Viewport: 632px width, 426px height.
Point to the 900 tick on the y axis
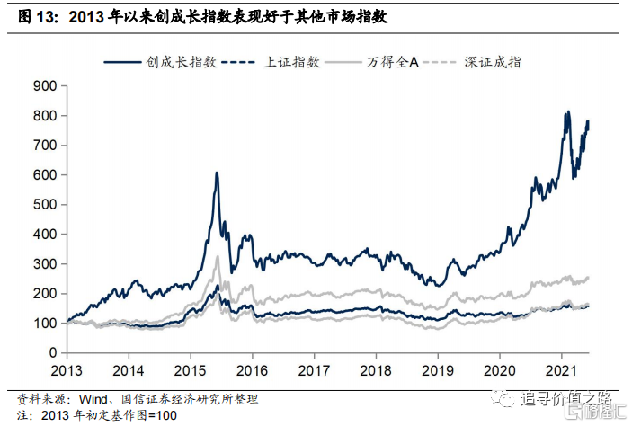(43, 86)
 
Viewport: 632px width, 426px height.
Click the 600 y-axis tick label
(43, 175)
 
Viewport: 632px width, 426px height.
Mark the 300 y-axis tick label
(43, 264)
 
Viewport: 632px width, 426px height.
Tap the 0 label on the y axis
(52, 353)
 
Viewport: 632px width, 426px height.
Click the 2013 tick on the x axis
(67, 369)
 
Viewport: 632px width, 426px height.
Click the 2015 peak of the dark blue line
(217, 173)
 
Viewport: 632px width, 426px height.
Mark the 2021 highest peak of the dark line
(567, 112)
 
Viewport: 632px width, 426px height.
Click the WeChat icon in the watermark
(510, 396)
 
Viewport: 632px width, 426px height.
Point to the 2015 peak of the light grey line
(217, 257)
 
